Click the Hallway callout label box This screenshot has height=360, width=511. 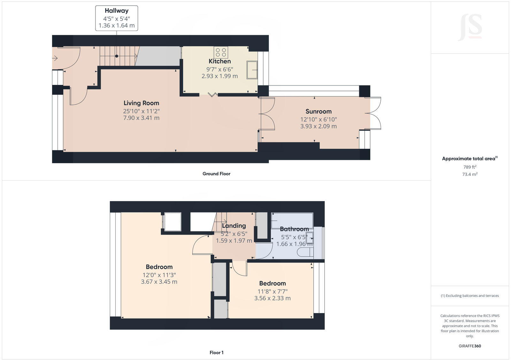[117, 18]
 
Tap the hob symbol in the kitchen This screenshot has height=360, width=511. [221, 52]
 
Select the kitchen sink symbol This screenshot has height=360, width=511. [252, 70]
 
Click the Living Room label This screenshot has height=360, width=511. [141, 103]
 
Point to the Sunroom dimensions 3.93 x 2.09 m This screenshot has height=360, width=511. [318, 126]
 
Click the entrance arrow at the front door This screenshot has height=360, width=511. [55, 58]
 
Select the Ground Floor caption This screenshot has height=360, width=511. [216, 174]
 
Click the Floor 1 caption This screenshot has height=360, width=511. [216, 353]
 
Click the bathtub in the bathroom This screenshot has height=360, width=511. [292, 220]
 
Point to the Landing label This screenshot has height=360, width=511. [234, 226]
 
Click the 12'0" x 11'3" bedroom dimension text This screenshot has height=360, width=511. [159, 275]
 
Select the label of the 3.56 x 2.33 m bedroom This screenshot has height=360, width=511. [272, 283]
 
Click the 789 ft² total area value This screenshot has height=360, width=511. [470, 167]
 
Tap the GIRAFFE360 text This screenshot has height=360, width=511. [470, 346]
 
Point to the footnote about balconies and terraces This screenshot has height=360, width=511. [470, 296]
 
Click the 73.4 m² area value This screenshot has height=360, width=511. [470, 174]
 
